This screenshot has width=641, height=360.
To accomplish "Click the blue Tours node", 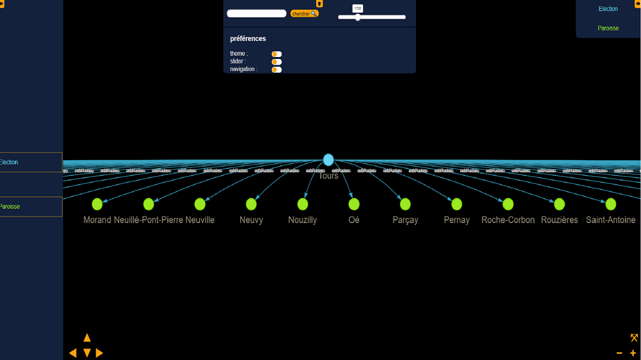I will click(328, 160).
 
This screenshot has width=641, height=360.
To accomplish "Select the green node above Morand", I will click(97, 204).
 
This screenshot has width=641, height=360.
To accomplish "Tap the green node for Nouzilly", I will click(303, 204).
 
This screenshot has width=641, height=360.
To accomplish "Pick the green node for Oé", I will click(354, 204).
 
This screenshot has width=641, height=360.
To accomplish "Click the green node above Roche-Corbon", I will click(508, 204).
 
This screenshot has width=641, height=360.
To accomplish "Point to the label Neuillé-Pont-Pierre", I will click(148, 220).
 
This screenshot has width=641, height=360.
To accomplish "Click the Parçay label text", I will click(405, 220).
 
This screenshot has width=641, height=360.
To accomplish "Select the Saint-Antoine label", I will click(610, 220).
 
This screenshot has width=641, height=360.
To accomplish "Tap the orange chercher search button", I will click(304, 13).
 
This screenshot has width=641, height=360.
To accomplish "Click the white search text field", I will click(256, 13).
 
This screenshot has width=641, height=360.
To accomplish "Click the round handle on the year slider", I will click(358, 17).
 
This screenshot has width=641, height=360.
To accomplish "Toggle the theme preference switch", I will click(276, 54).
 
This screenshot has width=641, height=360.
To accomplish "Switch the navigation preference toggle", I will click(276, 69).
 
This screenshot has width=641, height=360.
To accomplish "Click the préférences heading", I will click(248, 38).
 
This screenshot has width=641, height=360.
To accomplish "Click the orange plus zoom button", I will click(633, 353).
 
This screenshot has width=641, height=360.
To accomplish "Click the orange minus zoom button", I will click(619, 353).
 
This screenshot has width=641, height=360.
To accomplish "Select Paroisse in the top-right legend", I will click(608, 28).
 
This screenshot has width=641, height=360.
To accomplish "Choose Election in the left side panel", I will click(9, 162).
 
